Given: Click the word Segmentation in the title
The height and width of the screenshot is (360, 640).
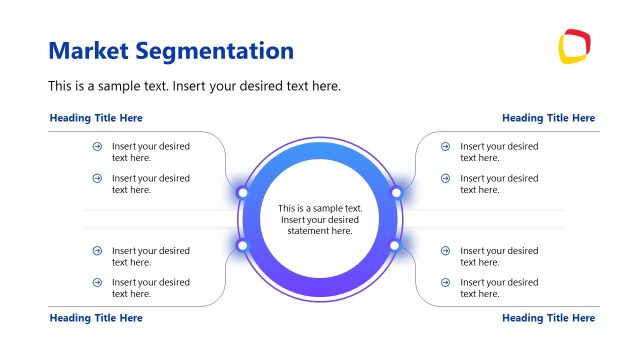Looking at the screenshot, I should (221, 51).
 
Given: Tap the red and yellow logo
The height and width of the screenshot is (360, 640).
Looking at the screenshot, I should (574, 46).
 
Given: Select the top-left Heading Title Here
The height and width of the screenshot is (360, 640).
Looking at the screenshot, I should (96, 118).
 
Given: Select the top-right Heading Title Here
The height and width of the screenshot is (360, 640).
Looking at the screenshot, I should (548, 118).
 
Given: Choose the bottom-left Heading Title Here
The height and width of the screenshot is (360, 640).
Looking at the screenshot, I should (96, 318).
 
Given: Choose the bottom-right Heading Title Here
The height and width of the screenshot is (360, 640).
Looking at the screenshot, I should (548, 318).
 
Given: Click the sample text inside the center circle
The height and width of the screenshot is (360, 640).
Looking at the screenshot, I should (320, 220).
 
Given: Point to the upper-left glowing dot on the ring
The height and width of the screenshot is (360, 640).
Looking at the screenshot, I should (242, 192).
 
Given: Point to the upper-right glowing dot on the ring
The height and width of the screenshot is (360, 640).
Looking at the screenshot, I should (396, 192).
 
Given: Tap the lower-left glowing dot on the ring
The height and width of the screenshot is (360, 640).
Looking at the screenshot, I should (242, 245).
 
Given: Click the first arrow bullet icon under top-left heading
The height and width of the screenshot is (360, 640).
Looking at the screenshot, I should (97, 146).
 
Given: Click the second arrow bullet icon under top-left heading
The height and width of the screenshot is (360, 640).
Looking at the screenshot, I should (97, 178).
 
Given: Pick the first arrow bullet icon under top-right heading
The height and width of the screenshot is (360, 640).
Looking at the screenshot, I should (446, 146).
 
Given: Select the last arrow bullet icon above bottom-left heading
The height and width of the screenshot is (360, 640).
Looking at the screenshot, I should (97, 283).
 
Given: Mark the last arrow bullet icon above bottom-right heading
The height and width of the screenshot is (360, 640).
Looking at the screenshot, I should (446, 283).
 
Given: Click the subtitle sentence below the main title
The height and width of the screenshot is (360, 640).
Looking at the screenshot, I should (195, 86).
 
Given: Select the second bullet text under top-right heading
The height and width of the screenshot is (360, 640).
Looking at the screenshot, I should (499, 184).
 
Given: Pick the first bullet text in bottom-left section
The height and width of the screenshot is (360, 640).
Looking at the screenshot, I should (150, 256).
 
